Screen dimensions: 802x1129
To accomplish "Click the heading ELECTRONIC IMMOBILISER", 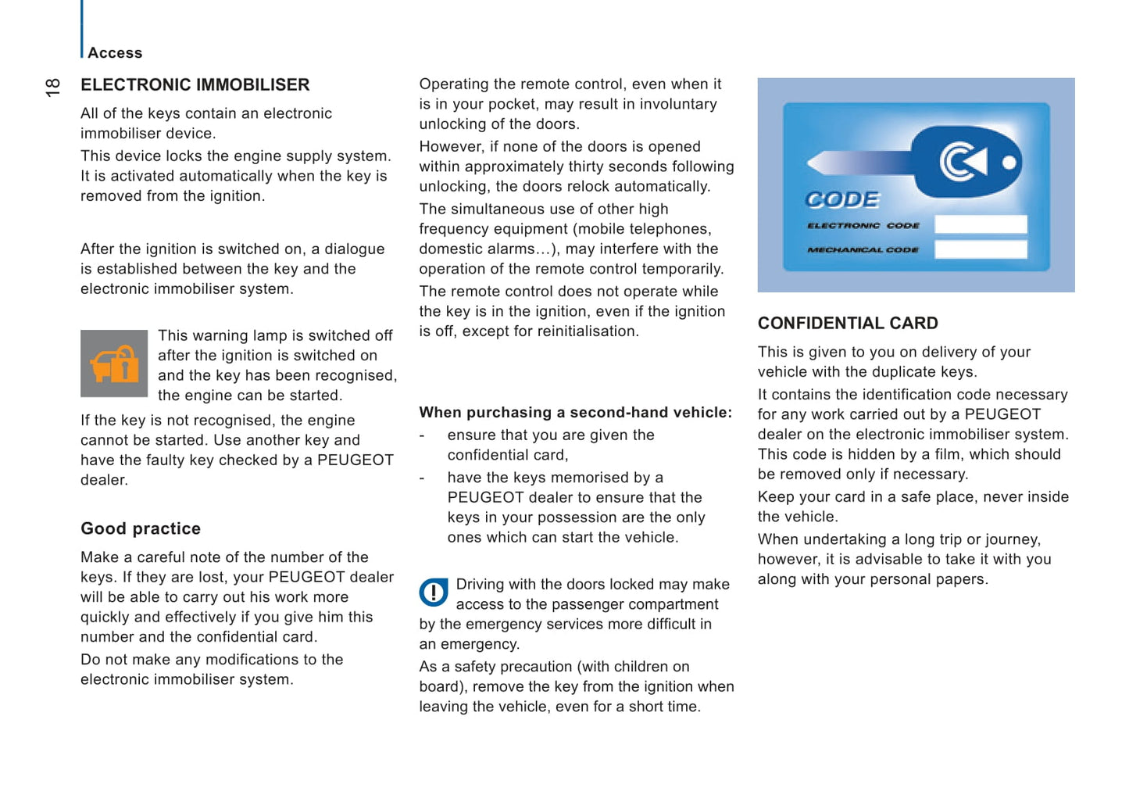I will [x=195, y=84].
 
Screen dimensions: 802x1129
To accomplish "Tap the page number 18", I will [x=52, y=87].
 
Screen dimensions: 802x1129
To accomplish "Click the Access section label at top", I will [x=115, y=53].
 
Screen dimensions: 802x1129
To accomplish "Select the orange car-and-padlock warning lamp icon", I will [x=114, y=363].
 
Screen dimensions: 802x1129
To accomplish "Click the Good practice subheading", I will [x=141, y=528].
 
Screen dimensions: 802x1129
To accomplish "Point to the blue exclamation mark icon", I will [x=434, y=593].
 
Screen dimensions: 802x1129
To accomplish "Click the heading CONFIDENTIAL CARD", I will [x=848, y=323].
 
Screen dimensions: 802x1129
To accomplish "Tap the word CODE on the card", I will [x=842, y=200].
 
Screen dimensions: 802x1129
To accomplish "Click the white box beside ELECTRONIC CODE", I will [x=981, y=224].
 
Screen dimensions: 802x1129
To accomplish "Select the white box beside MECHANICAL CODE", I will [x=981, y=249].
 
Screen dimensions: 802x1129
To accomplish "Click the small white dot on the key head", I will [x=1009, y=163].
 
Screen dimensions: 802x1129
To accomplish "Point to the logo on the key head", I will [x=963, y=162].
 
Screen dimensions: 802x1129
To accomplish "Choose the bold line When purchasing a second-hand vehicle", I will [x=575, y=412].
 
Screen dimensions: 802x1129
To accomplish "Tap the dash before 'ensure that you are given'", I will [x=422, y=435].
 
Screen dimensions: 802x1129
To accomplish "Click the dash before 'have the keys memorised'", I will [x=422, y=478].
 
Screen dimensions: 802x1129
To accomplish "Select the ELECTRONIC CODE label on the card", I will [x=863, y=225].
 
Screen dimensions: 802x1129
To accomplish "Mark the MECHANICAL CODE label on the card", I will [x=863, y=250].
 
